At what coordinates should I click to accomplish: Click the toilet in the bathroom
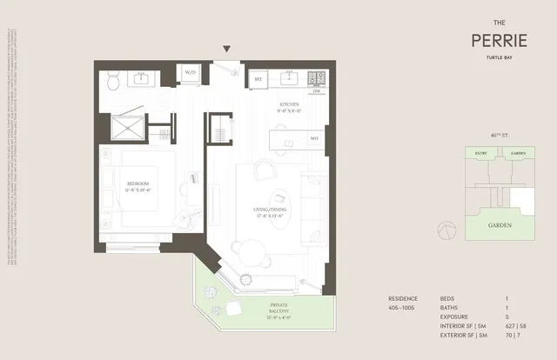(113, 81)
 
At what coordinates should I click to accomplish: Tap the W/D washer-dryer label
(190, 73)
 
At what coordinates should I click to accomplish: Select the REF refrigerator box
(258, 80)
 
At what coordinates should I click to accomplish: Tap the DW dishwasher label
(317, 91)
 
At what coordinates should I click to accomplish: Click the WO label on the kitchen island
(314, 137)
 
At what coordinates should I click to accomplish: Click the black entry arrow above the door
(227, 50)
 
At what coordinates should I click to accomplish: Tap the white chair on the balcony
(232, 309)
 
